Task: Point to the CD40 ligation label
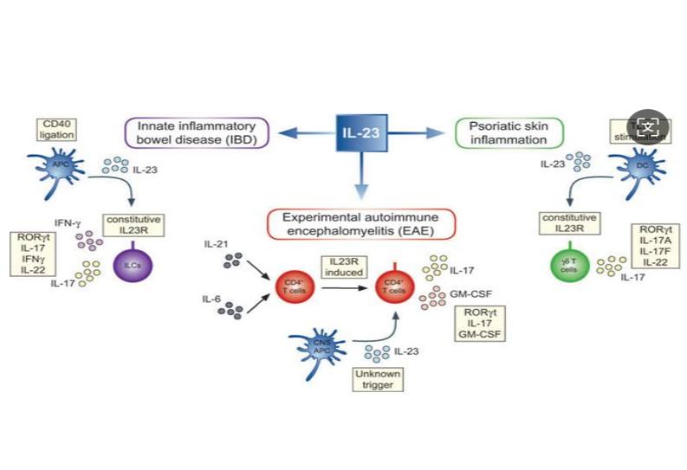click(58, 129)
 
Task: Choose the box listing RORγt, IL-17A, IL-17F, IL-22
click(653, 247)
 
